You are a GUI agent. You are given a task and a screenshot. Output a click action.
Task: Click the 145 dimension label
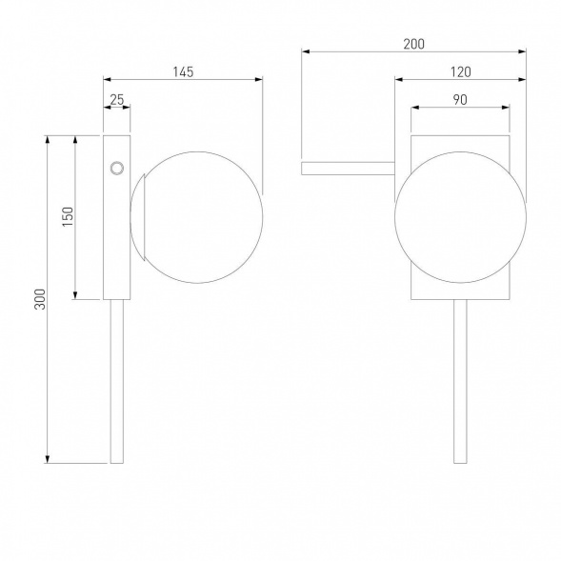183,72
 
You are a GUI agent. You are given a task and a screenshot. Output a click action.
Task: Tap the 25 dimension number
117,100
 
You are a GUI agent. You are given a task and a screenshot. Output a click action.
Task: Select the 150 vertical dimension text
68,216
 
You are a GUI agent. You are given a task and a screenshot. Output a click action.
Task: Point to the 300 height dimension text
40,299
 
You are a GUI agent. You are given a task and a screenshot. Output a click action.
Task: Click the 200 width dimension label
414,44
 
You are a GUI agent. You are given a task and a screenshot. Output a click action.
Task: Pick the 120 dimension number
460,72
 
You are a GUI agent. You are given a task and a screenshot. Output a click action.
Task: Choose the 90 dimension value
460,100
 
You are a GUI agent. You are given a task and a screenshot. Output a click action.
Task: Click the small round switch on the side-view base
116,169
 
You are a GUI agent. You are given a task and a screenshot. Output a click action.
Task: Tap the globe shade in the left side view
197,217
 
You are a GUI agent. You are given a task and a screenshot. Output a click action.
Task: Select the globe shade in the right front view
460,217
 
